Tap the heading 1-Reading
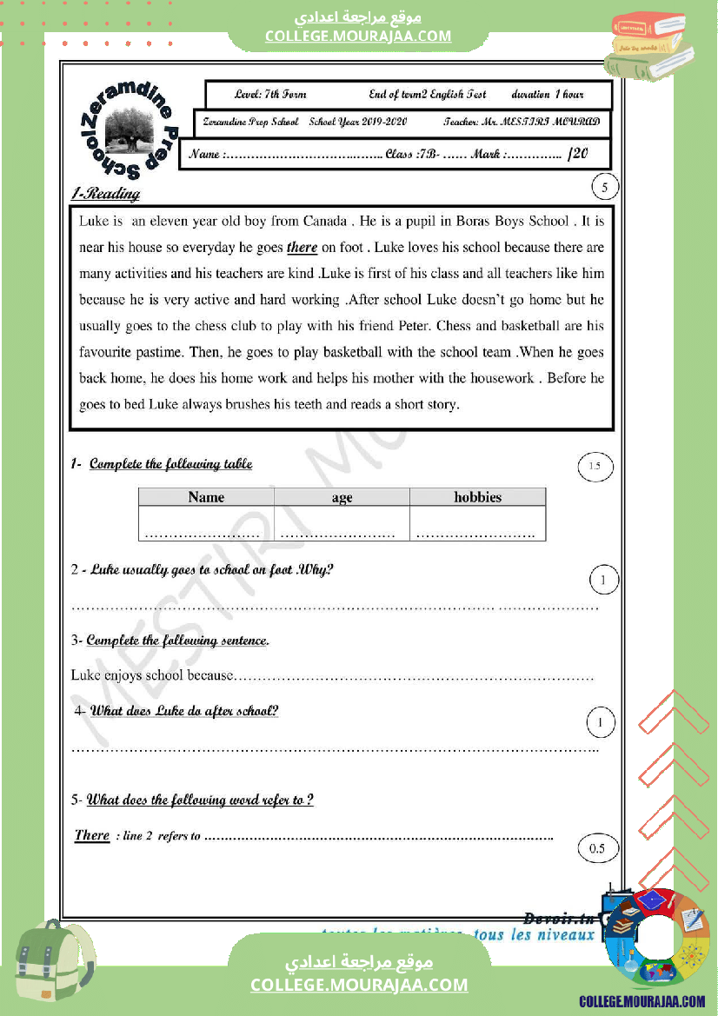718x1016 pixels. pyautogui.click(x=105, y=194)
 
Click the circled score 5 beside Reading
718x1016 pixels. pyautogui.click(x=604, y=187)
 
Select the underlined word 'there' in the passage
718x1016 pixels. pyautogui.click(x=302, y=248)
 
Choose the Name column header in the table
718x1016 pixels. pyautogui.click(x=206, y=497)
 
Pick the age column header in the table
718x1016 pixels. pyautogui.click(x=342, y=497)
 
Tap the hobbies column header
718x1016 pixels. pyautogui.click(x=477, y=497)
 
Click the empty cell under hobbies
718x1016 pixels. pyautogui.click(x=477, y=524)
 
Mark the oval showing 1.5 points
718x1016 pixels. pyautogui.click(x=595, y=468)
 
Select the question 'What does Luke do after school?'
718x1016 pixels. pyautogui.click(x=184, y=711)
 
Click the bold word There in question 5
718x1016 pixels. pyautogui.click(x=92, y=835)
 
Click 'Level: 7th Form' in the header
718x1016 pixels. pyautogui.click(x=270, y=94)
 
